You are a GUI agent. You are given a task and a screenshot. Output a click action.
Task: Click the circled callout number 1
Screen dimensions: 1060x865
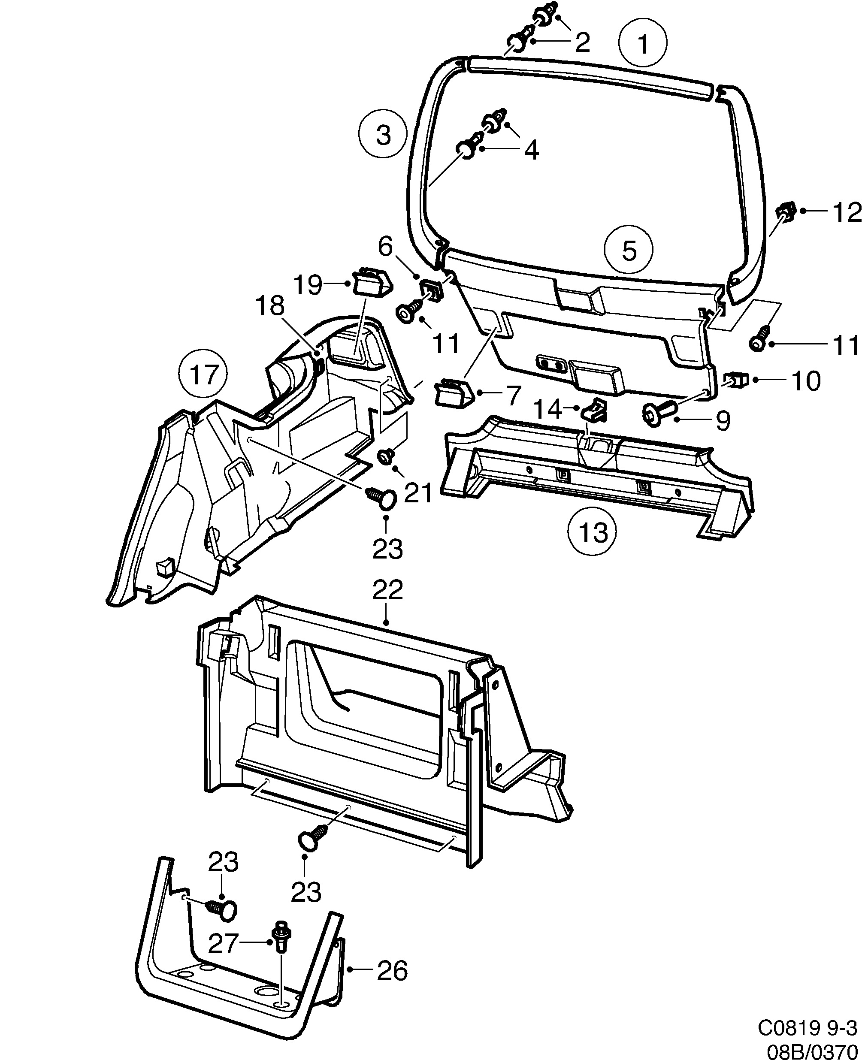pyautogui.click(x=644, y=43)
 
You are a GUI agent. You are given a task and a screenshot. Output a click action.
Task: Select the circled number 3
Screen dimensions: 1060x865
pyautogui.click(x=383, y=135)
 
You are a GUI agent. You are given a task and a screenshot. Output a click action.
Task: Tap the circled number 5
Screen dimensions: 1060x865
pyautogui.click(x=629, y=251)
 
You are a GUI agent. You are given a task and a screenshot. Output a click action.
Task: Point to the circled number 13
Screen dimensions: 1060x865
pyautogui.click(x=593, y=532)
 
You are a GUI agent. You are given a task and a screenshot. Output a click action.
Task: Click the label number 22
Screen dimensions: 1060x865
pyautogui.click(x=387, y=591)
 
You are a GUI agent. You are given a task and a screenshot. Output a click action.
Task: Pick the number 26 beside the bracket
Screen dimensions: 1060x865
pyautogui.click(x=392, y=970)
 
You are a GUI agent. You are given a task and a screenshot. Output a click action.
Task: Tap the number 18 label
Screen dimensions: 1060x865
pyautogui.click(x=270, y=305)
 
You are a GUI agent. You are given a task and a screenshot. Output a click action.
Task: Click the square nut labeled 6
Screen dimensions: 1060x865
pyautogui.click(x=431, y=290)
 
